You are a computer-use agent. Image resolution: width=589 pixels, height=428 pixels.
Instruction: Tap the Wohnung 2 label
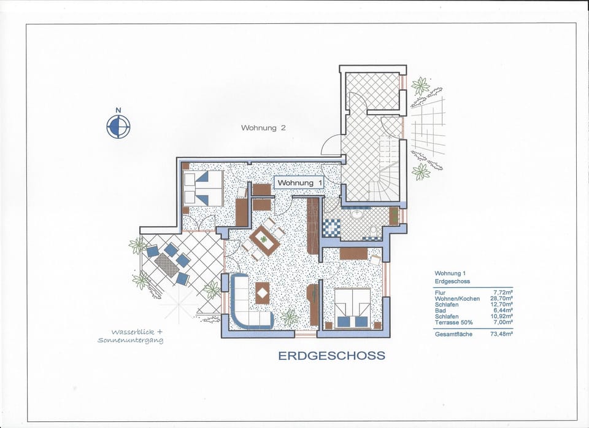point(263,128)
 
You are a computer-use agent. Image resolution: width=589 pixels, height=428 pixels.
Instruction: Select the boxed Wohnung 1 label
point(299,183)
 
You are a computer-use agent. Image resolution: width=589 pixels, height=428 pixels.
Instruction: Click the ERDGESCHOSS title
point(332,356)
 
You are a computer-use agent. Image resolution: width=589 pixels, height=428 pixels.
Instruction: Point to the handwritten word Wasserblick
point(133,332)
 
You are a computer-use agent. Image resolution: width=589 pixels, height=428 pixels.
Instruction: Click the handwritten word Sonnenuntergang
point(130,340)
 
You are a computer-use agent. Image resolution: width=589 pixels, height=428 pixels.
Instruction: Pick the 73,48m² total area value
point(501,334)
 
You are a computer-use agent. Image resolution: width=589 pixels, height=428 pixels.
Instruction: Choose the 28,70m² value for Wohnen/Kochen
point(501,298)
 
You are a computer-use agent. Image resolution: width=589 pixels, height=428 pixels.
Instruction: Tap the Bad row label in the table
point(441,311)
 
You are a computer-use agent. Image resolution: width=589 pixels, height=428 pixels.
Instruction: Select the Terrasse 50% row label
point(453,322)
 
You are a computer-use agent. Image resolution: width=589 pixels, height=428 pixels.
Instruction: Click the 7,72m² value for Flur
point(503,293)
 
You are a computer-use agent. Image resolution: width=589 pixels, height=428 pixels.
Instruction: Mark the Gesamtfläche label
point(453,334)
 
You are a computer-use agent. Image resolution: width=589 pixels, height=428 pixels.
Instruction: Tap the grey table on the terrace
point(166,265)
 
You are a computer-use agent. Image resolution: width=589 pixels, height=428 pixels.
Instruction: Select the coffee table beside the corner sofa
point(262,293)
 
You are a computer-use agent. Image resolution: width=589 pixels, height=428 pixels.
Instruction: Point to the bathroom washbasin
point(356,214)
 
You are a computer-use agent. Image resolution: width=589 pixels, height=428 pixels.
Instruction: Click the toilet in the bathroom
point(374,232)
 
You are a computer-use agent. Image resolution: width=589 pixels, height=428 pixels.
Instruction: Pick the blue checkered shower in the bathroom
point(331,228)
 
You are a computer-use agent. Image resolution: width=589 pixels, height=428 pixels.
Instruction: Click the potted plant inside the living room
point(290,317)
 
